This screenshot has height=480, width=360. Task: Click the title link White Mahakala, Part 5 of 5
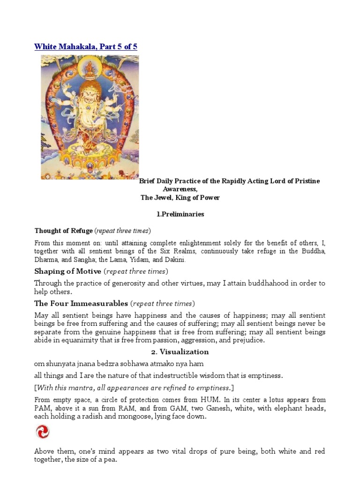pyautogui.click(x=86, y=46)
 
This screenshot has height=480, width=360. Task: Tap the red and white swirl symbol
pyautogui.click(x=42, y=432)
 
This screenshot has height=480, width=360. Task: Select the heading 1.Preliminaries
pyautogui.click(x=180, y=214)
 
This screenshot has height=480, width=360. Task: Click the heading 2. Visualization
pyautogui.click(x=180, y=352)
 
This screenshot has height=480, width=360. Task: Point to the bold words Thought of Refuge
pyautogui.click(x=63, y=231)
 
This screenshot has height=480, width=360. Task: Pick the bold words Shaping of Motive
pyautogui.click(x=67, y=271)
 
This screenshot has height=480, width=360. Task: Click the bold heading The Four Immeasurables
pyautogui.click(x=81, y=303)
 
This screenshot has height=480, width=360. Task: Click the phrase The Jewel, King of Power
pyautogui.click(x=180, y=198)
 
